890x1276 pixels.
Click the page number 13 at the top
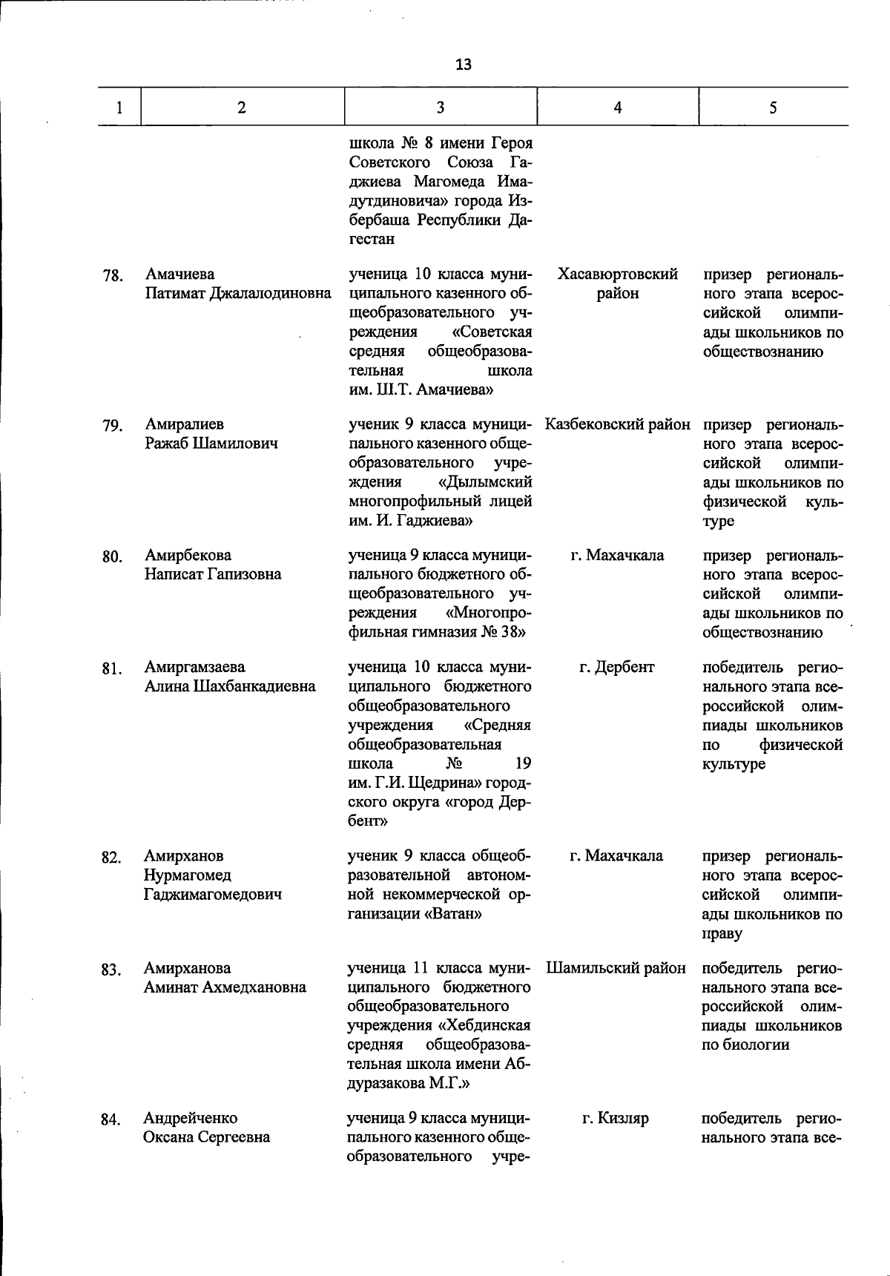click(463, 65)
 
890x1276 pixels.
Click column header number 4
click(617, 108)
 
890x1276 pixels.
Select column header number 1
click(119, 108)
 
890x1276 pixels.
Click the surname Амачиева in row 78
click(179, 275)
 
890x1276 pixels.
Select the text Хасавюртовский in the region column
click(617, 275)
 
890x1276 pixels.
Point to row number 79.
click(112, 426)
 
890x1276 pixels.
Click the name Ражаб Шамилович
click(211, 444)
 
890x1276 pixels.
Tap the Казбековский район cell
click(617, 425)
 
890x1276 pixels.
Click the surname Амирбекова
click(188, 556)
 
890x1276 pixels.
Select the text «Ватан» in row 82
click(454, 914)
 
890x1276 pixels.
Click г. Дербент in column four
click(617, 667)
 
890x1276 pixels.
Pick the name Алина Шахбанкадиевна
click(230, 686)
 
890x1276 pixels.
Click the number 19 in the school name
click(522, 763)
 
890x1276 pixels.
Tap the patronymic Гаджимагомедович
click(213, 895)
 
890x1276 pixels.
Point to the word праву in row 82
click(722, 933)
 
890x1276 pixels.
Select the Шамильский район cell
click(617, 968)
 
